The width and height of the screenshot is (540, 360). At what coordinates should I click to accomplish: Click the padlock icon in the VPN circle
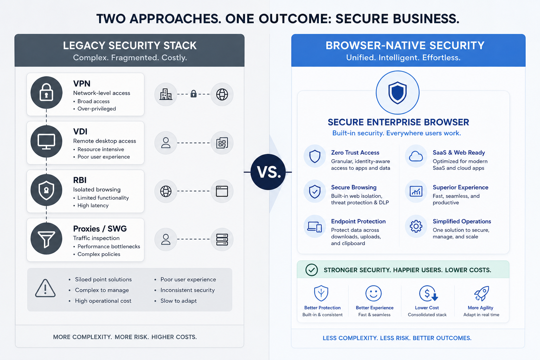tap(46, 92)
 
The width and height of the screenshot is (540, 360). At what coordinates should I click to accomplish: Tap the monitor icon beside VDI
tap(46, 142)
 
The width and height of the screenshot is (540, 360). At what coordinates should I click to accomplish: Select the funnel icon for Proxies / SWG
tap(46, 239)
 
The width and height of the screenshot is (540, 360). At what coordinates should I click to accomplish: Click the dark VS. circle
tap(268, 172)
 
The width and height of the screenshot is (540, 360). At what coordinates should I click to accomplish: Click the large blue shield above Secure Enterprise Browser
tap(398, 92)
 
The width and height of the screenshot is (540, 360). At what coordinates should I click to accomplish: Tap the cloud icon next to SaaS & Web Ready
tap(416, 156)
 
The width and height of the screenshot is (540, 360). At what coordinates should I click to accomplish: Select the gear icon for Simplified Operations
tap(416, 226)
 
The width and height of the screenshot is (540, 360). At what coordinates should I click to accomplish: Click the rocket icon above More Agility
tap(481, 294)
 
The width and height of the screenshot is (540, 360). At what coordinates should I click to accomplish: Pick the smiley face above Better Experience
tap(373, 294)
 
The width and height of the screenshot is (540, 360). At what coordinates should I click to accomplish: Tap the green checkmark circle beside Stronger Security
tap(311, 270)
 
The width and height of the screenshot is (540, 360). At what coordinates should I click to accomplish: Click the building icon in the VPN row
tap(166, 94)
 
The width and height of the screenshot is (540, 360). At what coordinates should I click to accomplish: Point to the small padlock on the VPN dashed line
tap(193, 94)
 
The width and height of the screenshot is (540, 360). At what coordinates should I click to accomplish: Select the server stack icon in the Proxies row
tap(222, 239)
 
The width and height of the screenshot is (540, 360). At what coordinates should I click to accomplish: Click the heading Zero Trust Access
tap(355, 152)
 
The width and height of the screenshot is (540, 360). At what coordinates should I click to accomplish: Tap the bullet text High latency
tap(93, 205)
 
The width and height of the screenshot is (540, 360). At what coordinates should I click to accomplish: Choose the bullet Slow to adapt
tap(178, 301)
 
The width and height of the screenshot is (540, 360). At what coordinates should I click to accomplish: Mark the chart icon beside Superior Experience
tap(416, 191)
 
